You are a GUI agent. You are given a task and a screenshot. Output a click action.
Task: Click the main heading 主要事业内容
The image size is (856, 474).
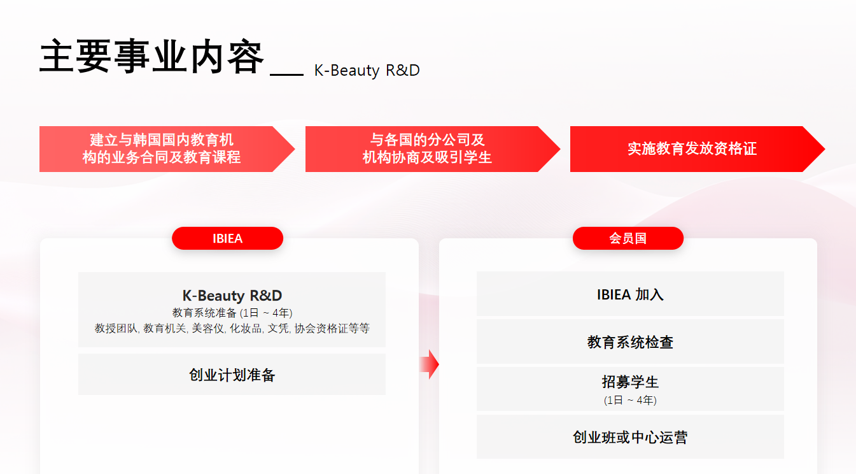click(151, 58)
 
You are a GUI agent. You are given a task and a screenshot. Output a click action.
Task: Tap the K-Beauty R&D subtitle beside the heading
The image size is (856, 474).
click(367, 70)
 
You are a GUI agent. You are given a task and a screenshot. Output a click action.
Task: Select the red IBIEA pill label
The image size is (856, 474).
click(227, 238)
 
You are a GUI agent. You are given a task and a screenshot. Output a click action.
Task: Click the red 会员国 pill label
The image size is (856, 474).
click(628, 238)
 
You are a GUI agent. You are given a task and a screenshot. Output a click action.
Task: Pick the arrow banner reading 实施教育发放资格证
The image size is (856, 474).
click(692, 149)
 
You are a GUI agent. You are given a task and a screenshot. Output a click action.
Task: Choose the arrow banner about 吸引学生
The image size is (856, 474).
click(427, 149)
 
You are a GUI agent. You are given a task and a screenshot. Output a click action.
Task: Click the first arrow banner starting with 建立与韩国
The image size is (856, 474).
click(162, 149)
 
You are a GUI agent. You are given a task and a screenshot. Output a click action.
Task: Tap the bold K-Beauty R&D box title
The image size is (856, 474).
click(232, 296)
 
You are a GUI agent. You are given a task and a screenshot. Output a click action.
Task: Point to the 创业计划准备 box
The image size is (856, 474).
click(232, 375)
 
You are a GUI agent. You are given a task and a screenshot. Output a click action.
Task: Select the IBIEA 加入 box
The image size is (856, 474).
click(630, 294)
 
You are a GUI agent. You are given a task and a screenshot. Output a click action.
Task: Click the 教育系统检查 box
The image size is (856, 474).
click(630, 342)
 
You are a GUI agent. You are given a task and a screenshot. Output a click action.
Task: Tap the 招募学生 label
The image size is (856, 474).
click(630, 382)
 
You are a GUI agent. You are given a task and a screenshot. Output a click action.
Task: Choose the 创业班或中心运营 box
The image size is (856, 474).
click(630, 437)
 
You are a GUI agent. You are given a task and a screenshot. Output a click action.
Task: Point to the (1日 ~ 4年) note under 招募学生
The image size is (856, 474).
click(630, 400)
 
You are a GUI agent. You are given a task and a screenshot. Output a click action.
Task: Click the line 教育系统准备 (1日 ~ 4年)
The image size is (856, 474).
click(232, 313)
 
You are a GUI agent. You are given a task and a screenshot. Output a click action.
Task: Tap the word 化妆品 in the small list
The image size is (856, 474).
click(246, 329)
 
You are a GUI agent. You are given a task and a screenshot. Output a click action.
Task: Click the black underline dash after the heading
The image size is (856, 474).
click(286, 75)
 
